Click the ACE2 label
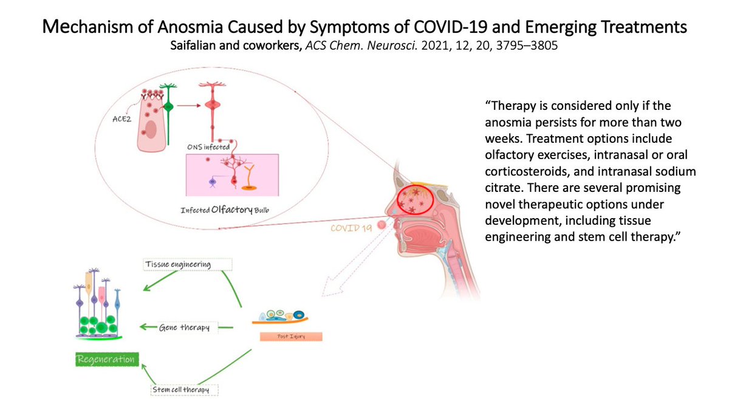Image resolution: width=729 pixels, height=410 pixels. coord(128,121)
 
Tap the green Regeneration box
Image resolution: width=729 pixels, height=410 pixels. coord(105,359)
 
